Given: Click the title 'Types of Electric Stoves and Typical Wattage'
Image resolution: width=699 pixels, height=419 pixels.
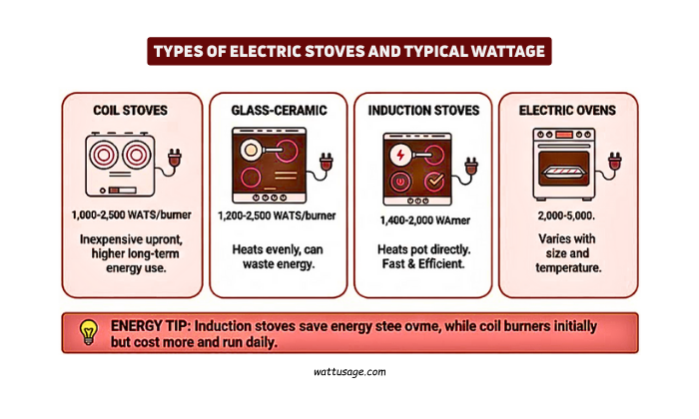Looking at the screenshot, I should [349, 51].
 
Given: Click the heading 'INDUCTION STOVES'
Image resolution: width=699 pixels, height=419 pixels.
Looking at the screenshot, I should [423, 110].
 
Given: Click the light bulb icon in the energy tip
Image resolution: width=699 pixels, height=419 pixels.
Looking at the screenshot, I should [88, 331].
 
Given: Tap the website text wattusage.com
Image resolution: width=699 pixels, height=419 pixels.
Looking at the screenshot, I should [349, 371].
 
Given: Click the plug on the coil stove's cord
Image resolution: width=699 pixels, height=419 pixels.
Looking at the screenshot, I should [178, 158].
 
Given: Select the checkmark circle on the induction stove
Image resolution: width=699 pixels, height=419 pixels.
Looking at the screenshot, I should [434, 182].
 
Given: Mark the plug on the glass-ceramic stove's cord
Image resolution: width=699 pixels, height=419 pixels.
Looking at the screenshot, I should [325, 158].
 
